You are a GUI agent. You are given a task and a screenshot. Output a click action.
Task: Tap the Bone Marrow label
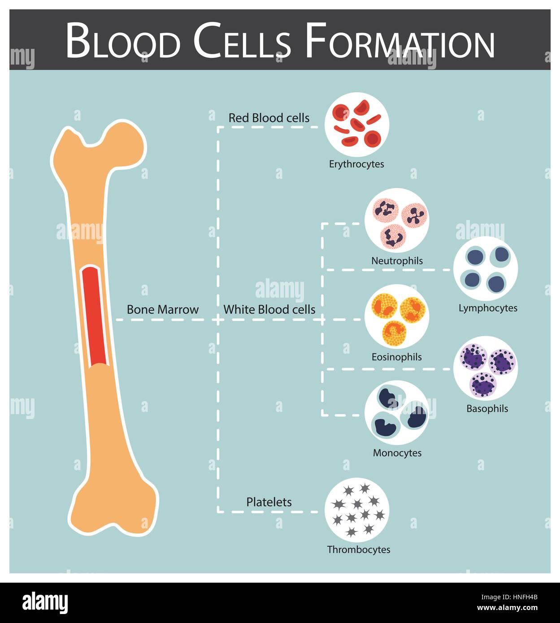[162, 309]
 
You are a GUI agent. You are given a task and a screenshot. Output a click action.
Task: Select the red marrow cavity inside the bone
[96, 316]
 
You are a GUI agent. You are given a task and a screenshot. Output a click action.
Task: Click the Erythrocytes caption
[356, 164]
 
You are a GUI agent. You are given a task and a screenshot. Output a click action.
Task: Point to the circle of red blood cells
[357, 125]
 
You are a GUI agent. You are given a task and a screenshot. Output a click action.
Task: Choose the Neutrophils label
[397, 261]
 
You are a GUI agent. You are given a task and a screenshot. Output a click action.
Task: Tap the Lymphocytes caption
[488, 308]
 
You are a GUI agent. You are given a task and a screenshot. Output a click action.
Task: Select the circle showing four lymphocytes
[486, 269]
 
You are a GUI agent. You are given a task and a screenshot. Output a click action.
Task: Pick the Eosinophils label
[397, 357]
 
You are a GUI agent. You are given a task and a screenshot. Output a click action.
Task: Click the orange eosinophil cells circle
[397, 317]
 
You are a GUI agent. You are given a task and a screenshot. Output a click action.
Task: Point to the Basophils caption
[487, 409]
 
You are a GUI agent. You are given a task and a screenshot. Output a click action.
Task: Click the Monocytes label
[397, 453]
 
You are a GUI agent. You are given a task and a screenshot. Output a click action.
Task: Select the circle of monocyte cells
[397, 413]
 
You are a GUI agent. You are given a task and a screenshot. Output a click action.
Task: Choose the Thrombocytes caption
[359, 549]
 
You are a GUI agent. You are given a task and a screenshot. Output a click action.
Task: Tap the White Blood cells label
[269, 309]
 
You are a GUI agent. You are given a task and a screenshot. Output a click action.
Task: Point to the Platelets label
[269, 502]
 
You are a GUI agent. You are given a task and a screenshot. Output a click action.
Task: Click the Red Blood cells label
[269, 118]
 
